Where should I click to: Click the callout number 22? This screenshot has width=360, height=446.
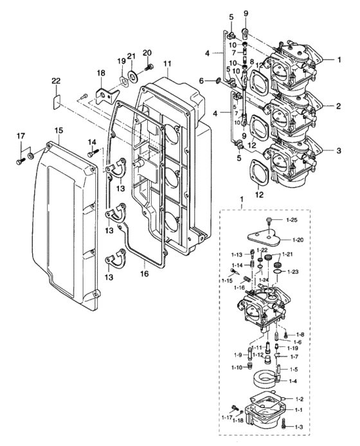(56, 81)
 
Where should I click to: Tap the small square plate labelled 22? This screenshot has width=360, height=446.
(57, 102)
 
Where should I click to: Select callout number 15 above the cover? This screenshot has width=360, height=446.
(59, 130)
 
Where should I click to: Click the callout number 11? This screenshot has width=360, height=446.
(168, 63)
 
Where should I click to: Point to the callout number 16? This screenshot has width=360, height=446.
(144, 273)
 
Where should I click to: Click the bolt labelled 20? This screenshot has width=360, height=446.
(149, 67)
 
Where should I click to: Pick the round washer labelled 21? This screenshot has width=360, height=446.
(132, 75)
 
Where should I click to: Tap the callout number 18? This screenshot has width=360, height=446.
(101, 73)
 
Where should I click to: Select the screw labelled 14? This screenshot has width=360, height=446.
(93, 154)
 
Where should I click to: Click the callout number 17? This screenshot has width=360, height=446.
(21, 136)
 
